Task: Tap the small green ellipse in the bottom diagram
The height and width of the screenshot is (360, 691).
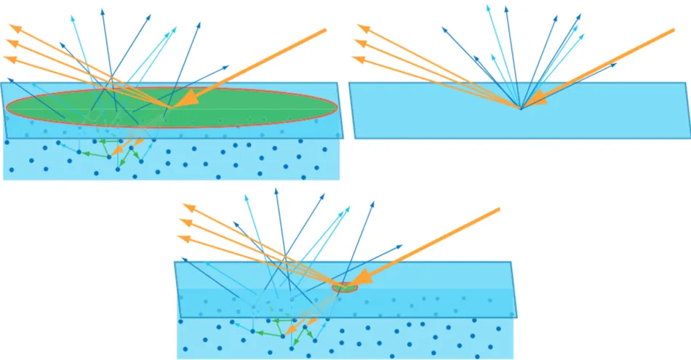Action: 345,288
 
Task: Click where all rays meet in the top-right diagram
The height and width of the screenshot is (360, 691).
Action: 521,109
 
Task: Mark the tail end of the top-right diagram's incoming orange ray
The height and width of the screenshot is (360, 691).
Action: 674,30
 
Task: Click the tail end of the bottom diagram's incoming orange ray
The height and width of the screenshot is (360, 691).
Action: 500,209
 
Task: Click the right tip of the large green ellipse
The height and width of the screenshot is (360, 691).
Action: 337,108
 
